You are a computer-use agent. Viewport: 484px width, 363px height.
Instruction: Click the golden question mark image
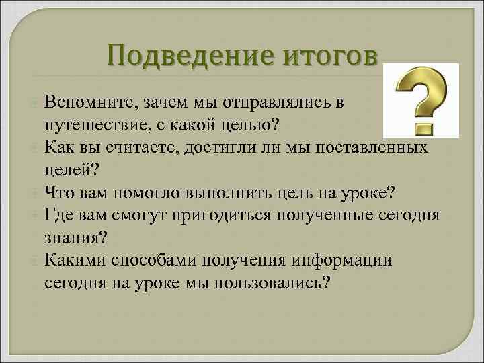click(420, 101)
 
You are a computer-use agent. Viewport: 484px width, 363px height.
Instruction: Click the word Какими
click(73, 260)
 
